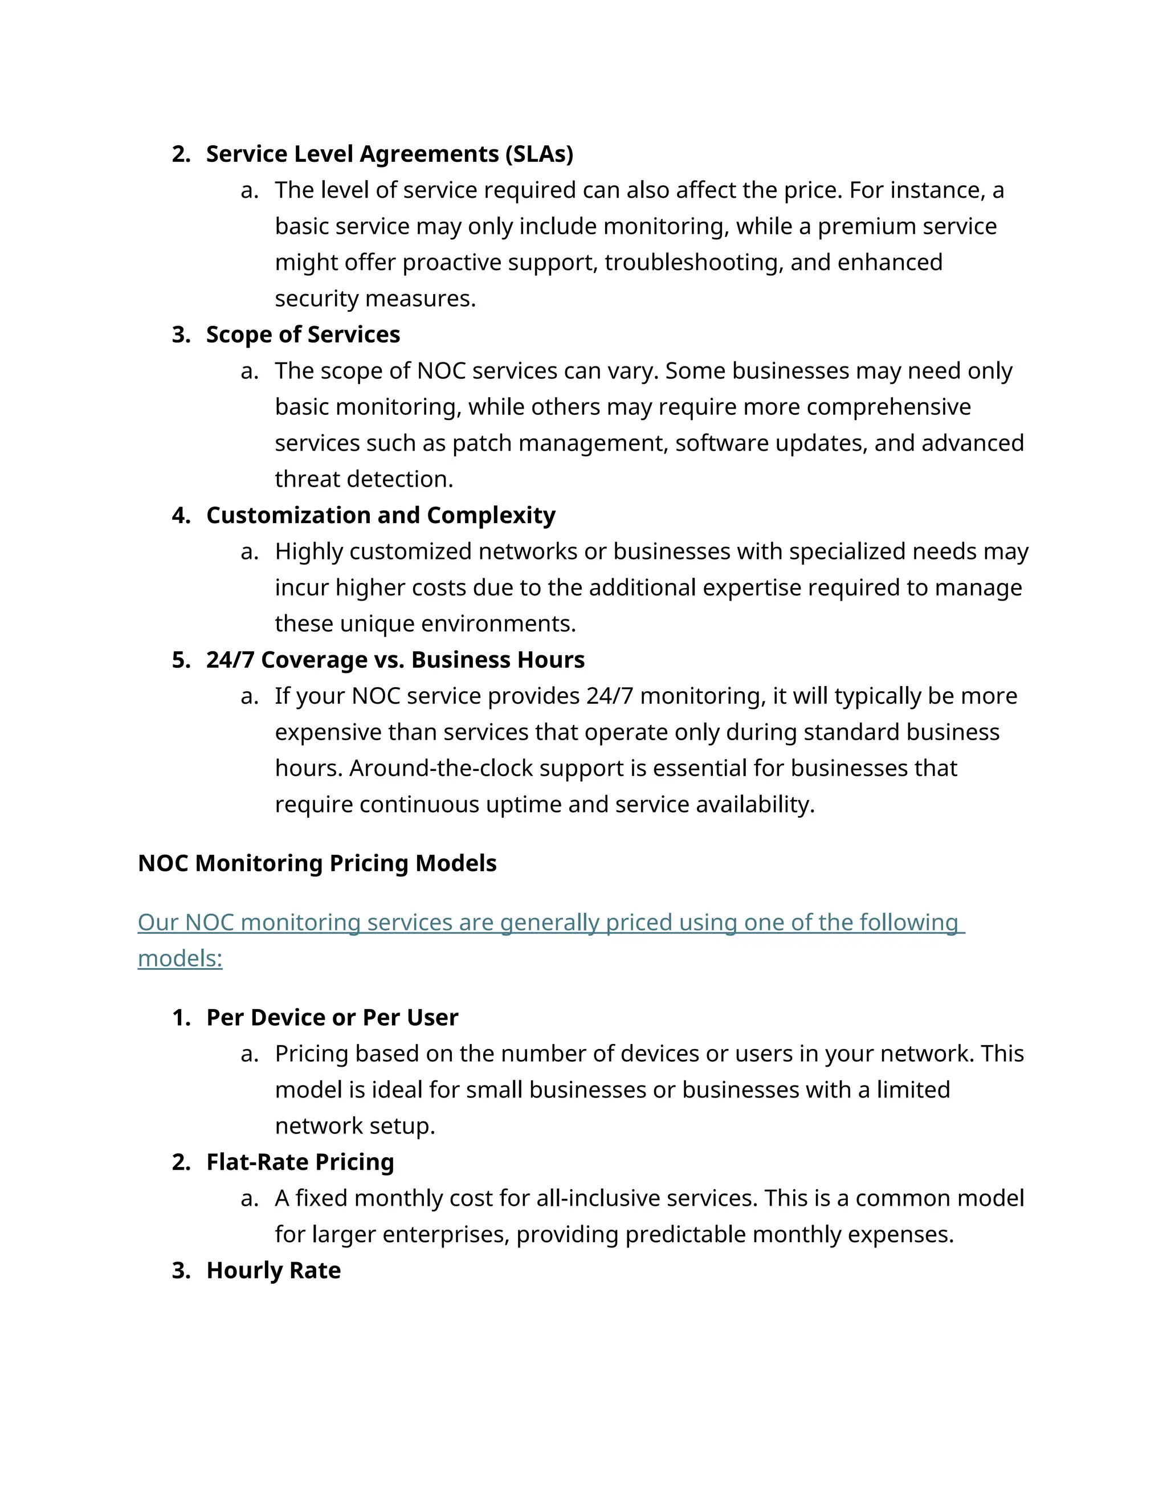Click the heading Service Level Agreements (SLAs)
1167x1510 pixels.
click(389, 153)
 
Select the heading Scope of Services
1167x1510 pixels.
click(303, 334)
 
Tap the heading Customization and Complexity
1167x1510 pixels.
click(380, 515)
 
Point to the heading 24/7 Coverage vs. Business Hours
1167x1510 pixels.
click(395, 660)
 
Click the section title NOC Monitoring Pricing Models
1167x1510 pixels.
click(317, 863)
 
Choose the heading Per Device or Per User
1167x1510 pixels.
click(332, 1018)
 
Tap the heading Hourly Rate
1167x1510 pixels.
click(273, 1271)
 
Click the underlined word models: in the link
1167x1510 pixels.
click(179, 959)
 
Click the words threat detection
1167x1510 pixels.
click(364, 479)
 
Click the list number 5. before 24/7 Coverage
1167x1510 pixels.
click(181, 660)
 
